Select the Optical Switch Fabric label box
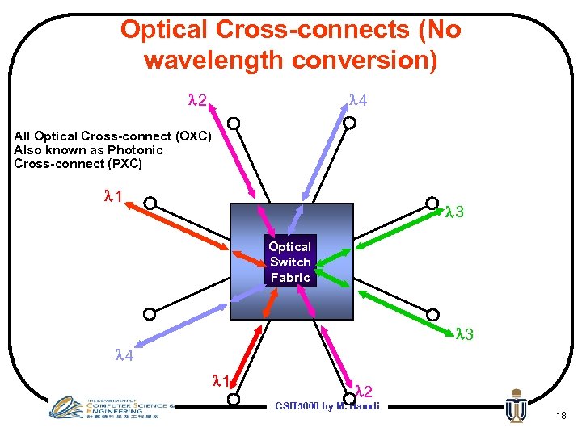click(290, 262)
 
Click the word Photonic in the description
click(134, 150)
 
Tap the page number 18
click(560, 415)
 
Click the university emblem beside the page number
click(515, 406)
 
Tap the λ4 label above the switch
click(357, 100)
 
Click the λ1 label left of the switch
click(114, 195)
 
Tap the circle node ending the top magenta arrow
click(234, 124)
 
